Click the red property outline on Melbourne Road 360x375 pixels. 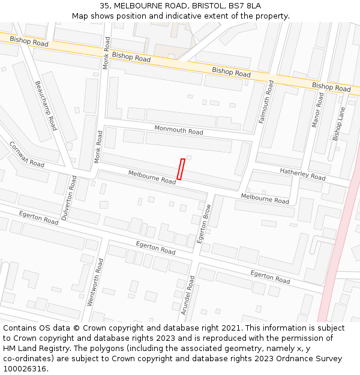181,169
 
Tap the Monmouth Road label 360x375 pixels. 179,130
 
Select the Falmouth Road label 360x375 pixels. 266,103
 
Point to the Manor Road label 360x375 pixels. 317,109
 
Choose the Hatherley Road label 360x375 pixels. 302,174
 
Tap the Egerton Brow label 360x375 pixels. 204,224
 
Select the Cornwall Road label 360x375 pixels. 26,155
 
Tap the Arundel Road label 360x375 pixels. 187,296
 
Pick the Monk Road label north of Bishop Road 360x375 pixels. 106,53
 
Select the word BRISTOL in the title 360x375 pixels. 206,6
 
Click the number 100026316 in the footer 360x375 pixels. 25,368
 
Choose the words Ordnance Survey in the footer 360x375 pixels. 308,358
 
